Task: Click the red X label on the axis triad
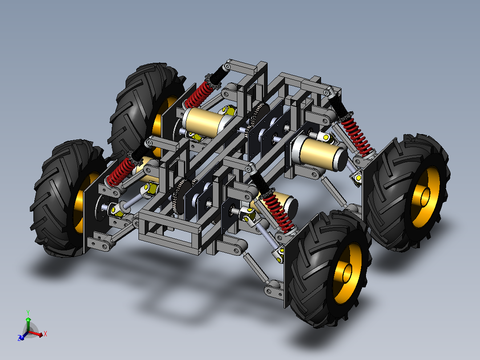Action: click(45, 334)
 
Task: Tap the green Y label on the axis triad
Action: click(28, 312)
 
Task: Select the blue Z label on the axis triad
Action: click(20, 338)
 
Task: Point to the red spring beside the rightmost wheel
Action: click(357, 137)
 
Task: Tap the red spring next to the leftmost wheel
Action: click(120, 172)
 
